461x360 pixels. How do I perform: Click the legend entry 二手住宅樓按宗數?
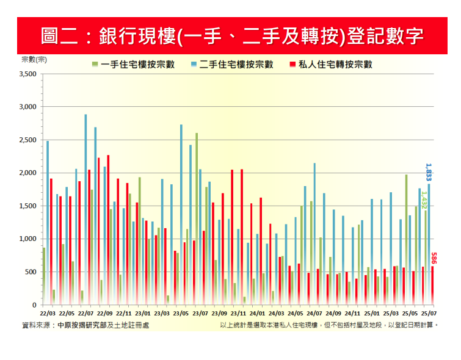click(x=231, y=64)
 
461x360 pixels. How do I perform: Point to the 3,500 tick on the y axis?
click(x=29, y=74)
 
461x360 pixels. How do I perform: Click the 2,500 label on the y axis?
click(x=29, y=140)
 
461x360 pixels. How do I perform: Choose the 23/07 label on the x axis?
click(x=199, y=314)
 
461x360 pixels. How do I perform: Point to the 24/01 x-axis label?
click(x=256, y=314)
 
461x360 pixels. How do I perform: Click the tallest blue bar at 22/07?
click(x=85, y=207)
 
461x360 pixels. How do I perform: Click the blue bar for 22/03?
click(x=48, y=223)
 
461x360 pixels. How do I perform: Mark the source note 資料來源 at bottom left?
click(x=85, y=325)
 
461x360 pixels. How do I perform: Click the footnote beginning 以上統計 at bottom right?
click(x=330, y=325)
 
